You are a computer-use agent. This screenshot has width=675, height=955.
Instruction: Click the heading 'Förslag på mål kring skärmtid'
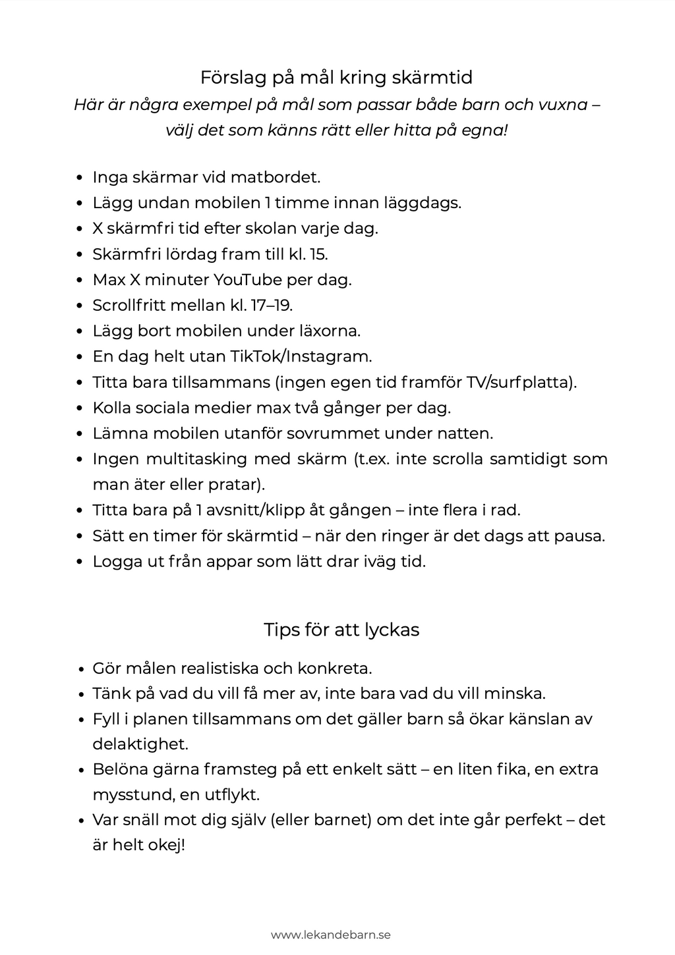[x=336, y=78]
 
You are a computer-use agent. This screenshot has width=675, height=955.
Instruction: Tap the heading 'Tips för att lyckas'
[x=341, y=630]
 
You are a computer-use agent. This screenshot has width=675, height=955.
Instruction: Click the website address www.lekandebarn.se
[x=330, y=935]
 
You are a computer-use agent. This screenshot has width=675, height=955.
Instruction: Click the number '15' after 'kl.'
[x=318, y=254]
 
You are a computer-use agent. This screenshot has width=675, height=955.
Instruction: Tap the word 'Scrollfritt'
[x=129, y=306]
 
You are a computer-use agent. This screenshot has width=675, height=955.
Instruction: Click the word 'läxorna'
[x=330, y=331]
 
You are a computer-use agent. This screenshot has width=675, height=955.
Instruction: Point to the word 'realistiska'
[x=215, y=668]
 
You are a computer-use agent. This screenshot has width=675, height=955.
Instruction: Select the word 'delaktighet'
[x=140, y=744]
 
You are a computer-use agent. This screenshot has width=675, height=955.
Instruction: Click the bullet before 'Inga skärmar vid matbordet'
[x=80, y=178]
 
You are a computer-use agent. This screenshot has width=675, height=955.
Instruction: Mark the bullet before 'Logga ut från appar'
[x=80, y=562]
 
